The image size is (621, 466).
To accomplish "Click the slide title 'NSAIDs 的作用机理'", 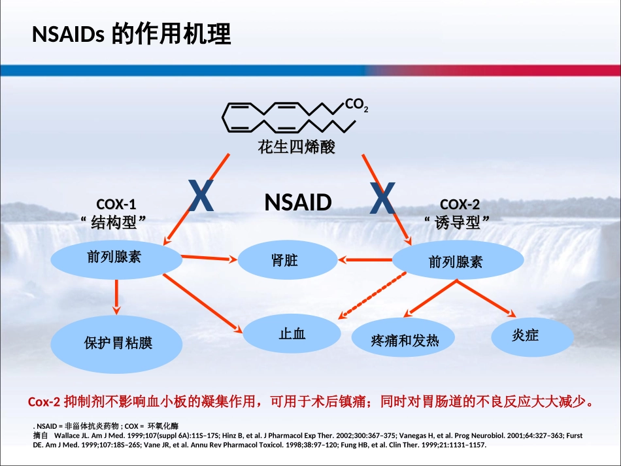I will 131,34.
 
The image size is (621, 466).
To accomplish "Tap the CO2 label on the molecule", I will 356,104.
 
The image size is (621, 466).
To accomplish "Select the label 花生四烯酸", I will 296,147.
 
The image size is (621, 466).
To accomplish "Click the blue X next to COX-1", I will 201,197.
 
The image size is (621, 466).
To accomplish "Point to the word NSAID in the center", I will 297,203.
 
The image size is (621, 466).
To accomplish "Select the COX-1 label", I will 116,204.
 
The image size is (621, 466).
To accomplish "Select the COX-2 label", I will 460,204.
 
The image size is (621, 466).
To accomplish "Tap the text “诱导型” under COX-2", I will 458,223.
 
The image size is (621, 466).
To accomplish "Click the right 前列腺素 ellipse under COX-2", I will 458,261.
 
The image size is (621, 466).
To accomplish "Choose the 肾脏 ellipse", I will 285,260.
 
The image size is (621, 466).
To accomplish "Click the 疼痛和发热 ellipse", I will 405,340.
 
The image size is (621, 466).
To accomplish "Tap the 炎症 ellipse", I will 532,337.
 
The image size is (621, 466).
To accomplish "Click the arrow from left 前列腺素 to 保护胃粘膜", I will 116,294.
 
